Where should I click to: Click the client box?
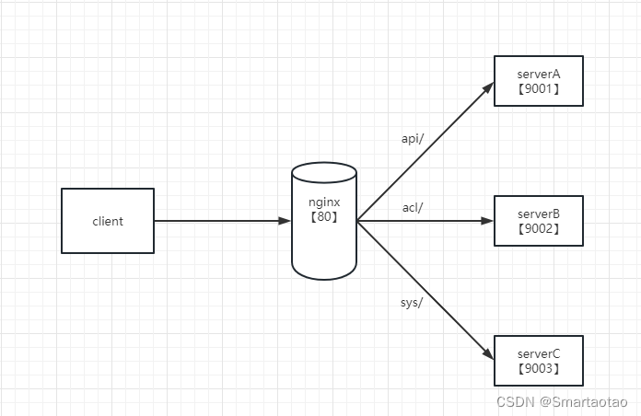(x=108, y=221)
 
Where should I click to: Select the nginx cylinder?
(x=324, y=221)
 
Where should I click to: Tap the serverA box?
(x=539, y=81)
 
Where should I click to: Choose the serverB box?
(x=539, y=221)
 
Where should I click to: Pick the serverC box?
(x=539, y=361)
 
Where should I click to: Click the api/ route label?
(x=413, y=139)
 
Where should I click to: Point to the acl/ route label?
(x=413, y=208)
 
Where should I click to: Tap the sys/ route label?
(x=412, y=303)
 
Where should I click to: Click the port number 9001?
(x=539, y=88)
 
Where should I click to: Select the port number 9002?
(x=539, y=228)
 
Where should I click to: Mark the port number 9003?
(x=539, y=368)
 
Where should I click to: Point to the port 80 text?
(x=324, y=216)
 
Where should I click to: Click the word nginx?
(x=324, y=202)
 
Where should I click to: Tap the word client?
(x=108, y=221)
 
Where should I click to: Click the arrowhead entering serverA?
(x=488, y=87)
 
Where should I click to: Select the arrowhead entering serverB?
(x=487, y=221)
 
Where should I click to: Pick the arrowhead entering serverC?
(x=488, y=354)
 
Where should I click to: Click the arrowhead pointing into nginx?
(x=285, y=221)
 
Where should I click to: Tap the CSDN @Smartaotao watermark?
(x=562, y=401)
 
